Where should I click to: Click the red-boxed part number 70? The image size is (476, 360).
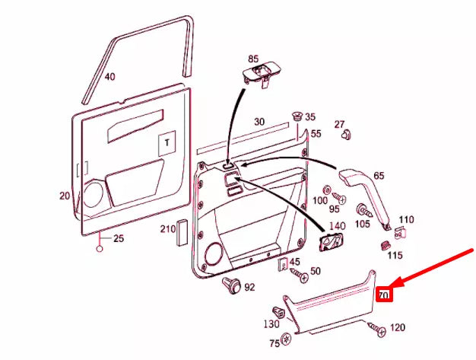pos(384,294)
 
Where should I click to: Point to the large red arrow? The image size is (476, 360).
pos(434,267)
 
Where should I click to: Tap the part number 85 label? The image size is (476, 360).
pos(252,58)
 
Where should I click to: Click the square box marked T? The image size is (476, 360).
pos(167,143)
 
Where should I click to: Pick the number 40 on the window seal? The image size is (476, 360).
pos(109,77)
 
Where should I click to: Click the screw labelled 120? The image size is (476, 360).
pos(376,327)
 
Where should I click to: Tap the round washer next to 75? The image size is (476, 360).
pos(286,338)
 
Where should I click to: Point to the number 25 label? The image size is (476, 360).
pos(117,239)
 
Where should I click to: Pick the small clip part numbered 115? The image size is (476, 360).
pos(385,246)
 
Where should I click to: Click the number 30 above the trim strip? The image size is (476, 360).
pos(259,122)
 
